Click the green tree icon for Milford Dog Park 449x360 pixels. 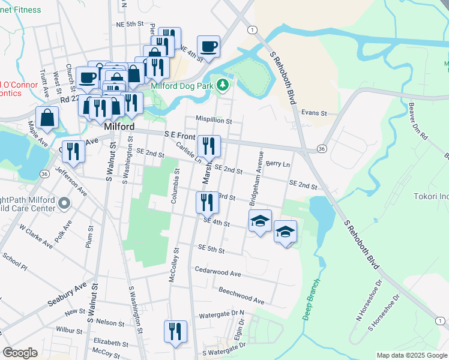coord(223,85)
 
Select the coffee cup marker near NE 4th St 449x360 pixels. coord(208,47)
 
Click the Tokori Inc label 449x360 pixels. coord(431,197)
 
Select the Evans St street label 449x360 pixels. coord(313,113)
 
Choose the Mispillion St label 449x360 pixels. coord(212,120)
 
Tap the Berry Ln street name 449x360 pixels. coord(277,164)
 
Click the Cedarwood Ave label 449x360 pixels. coord(217,273)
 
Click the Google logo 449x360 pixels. coord(20,353)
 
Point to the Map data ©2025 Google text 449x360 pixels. coord(411,355)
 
